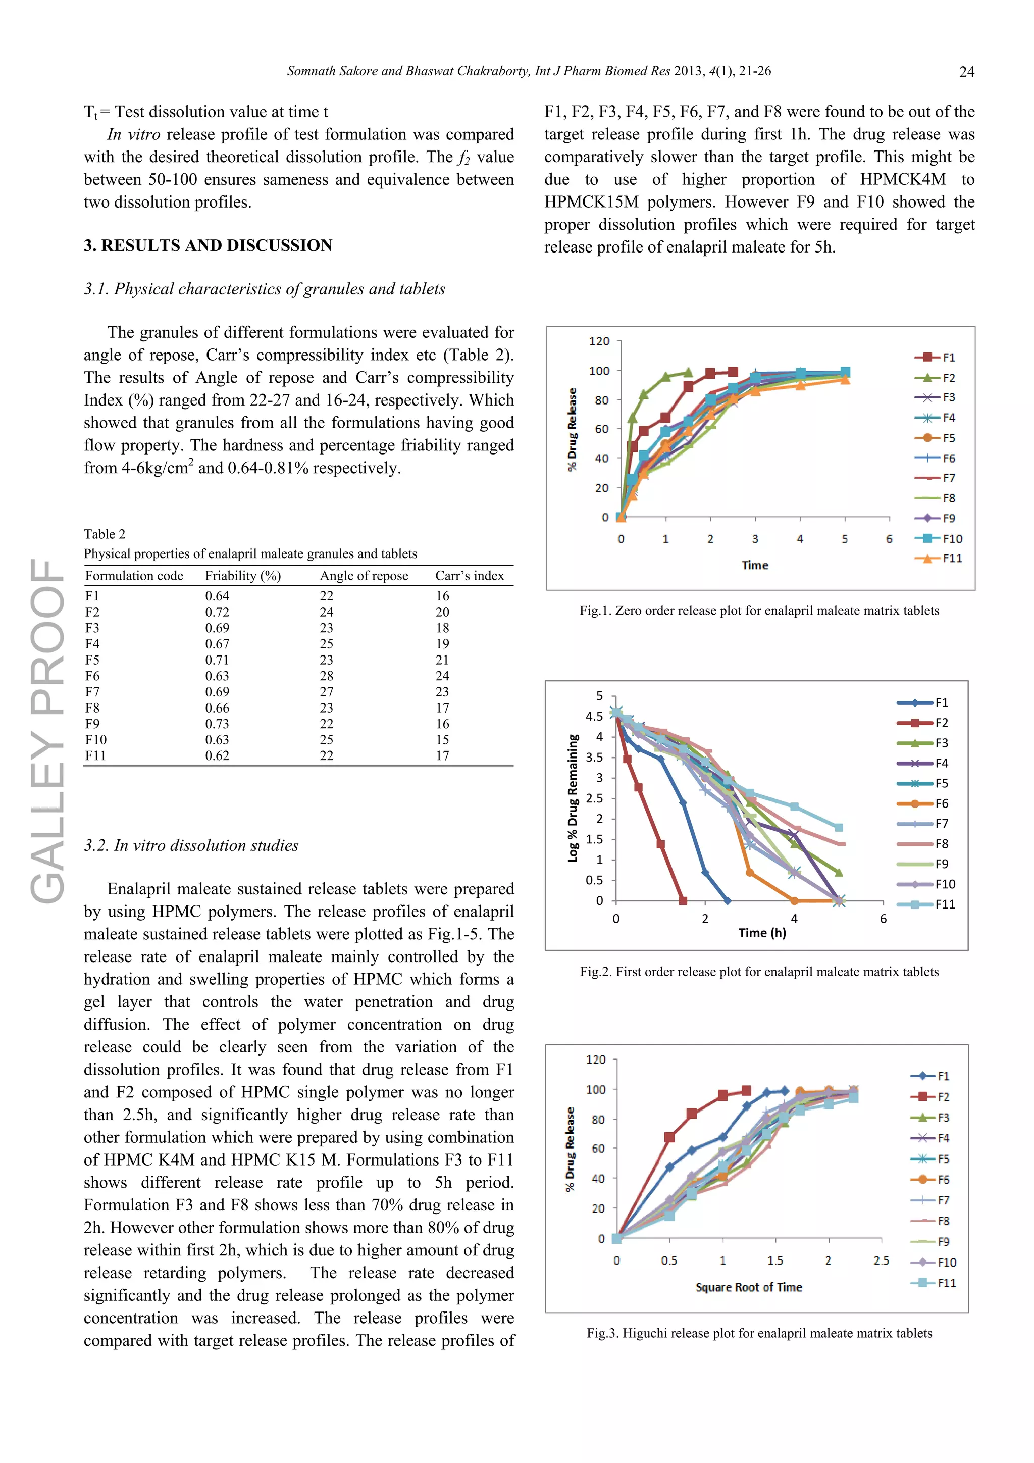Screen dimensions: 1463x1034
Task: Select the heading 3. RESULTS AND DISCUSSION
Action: coord(208,246)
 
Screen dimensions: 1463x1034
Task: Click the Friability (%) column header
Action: coord(243,576)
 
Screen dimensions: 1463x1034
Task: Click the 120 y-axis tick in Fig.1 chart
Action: coord(598,341)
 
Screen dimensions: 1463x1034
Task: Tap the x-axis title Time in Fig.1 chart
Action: coord(755,565)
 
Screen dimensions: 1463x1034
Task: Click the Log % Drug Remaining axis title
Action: coord(573,798)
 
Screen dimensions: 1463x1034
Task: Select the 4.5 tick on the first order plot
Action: coord(594,716)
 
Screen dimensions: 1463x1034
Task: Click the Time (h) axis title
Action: coord(762,933)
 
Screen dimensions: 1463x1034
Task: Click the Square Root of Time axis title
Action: coord(749,1287)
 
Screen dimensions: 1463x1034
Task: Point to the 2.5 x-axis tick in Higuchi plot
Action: coord(881,1260)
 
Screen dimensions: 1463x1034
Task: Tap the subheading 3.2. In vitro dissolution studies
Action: coord(191,845)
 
